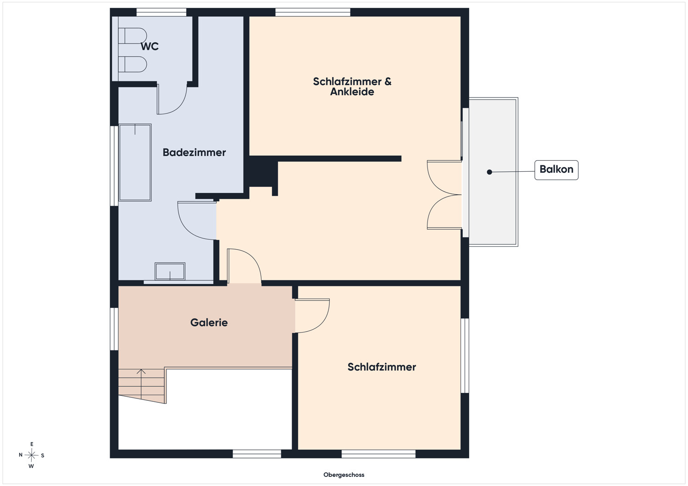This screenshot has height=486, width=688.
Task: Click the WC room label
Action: click(x=150, y=46)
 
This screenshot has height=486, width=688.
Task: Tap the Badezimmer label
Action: click(x=194, y=153)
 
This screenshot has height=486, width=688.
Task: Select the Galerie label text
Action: click(x=209, y=322)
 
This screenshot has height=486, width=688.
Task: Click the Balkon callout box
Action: click(x=556, y=170)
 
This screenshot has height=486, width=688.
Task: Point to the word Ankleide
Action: click(x=352, y=92)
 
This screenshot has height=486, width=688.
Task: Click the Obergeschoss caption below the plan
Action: click(x=344, y=475)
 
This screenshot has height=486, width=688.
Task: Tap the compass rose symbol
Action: click(x=31, y=455)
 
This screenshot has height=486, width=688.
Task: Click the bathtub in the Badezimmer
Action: click(x=135, y=162)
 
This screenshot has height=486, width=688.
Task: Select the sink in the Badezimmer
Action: click(x=170, y=271)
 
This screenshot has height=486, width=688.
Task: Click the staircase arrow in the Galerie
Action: click(x=141, y=383)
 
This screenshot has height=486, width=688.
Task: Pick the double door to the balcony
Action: click(x=444, y=195)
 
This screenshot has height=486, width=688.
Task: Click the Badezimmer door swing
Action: click(x=190, y=227)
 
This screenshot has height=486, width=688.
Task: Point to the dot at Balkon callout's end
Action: click(x=489, y=172)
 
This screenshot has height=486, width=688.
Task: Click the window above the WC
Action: click(x=161, y=12)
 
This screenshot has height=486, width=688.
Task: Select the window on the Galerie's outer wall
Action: click(x=114, y=329)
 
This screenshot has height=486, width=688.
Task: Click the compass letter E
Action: click(x=32, y=444)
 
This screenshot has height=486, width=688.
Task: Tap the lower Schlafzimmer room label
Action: click(x=382, y=367)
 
